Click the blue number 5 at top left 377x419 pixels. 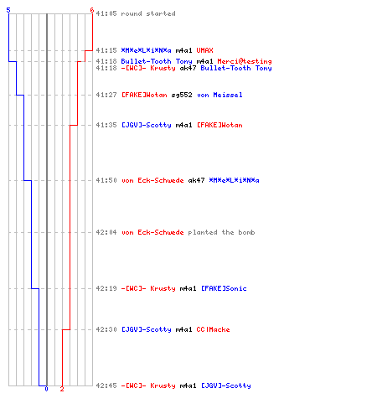(x=8, y=10)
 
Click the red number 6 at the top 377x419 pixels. (x=92, y=10)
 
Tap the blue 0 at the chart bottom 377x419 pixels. (x=46, y=389)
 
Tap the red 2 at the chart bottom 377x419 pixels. (x=62, y=389)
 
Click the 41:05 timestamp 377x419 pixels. (x=106, y=13)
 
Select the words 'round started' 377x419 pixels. (x=148, y=13)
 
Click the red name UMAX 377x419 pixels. (x=204, y=50)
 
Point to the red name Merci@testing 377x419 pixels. (x=245, y=61)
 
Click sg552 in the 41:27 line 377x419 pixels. (x=182, y=95)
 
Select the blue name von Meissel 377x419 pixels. (x=219, y=95)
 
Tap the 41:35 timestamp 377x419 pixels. (x=106, y=125)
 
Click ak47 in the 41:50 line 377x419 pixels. (x=196, y=180)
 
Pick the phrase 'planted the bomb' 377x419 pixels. (x=221, y=232)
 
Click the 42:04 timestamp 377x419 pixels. (x=106, y=232)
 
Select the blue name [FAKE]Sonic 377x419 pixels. (x=224, y=288)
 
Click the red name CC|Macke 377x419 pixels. (x=213, y=329)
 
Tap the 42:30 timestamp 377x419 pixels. (x=106, y=329)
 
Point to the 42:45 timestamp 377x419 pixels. (x=106, y=385)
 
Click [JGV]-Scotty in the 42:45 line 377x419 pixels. (x=226, y=385)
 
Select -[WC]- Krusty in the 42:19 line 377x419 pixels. (x=148, y=288)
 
